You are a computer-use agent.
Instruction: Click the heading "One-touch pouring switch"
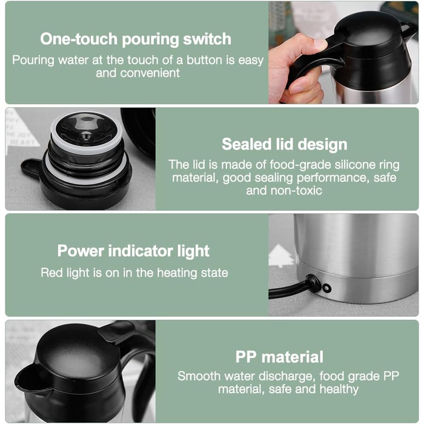[136, 39]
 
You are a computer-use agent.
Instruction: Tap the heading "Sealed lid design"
[285, 144]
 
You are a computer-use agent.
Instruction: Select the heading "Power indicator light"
[133, 251]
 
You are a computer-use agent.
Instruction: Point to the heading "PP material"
[279, 357]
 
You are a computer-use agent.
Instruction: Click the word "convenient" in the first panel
[150, 73]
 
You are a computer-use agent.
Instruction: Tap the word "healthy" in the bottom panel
[339, 389]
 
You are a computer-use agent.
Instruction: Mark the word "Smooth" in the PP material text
[199, 376]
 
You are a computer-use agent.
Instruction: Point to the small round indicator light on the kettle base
[326, 288]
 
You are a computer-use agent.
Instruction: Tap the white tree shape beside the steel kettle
[280, 255]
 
